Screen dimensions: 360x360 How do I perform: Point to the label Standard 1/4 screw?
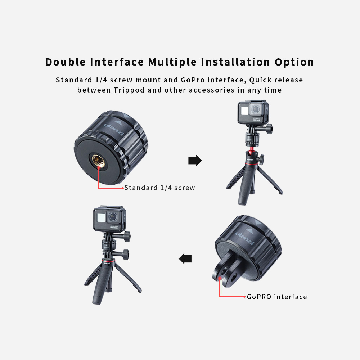(159, 188)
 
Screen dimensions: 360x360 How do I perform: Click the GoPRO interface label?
(277, 297)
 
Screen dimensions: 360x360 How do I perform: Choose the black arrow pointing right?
(195, 161)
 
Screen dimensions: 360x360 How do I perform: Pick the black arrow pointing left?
(186, 258)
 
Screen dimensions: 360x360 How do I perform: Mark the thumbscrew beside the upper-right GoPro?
(269, 129)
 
